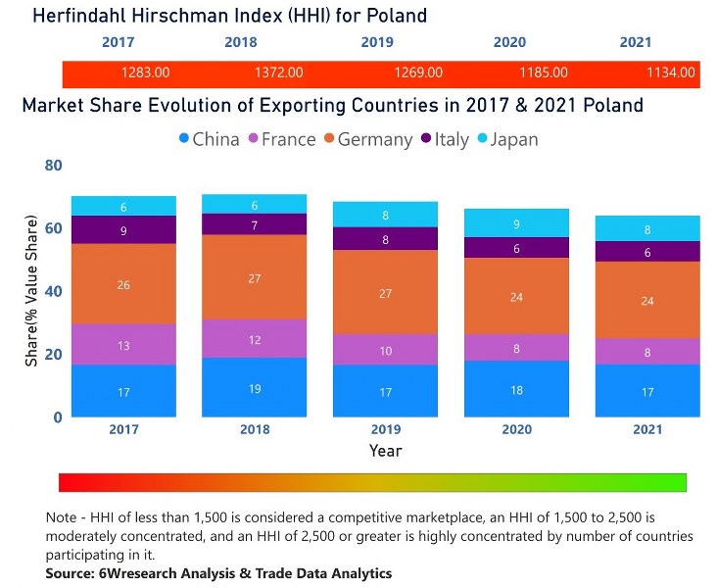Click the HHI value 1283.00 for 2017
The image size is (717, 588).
click(145, 73)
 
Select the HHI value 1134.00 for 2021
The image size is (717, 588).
click(671, 73)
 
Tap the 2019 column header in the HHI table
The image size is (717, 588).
click(377, 43)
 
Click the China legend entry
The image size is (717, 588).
click(209, 139)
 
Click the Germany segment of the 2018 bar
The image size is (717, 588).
click(255, 277)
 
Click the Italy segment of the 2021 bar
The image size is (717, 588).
click(647, 252)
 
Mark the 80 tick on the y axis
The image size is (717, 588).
click(52, 166)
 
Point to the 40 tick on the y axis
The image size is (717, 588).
click(52, 291)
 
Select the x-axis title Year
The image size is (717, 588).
click(385, 451)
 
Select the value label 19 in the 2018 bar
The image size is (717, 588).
click(255, 389)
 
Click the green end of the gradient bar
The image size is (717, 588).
click(676, 482)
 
